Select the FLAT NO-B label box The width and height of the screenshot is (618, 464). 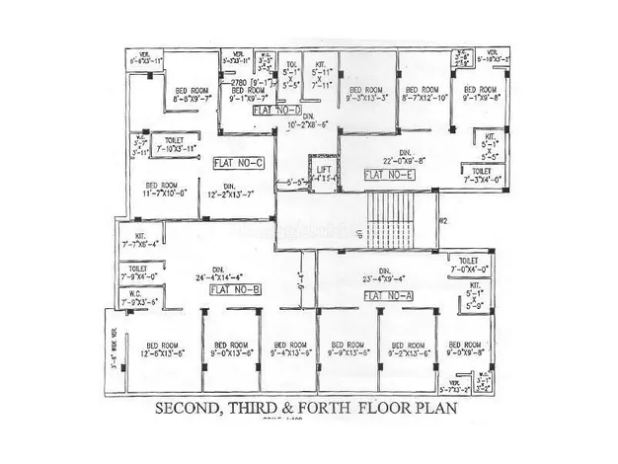pyautogui.click(x=235, y=288)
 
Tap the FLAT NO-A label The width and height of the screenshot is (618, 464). pyautogui.click(x=389, y=295)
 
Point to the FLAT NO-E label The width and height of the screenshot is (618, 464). pyautogui.click(x=389, y=174)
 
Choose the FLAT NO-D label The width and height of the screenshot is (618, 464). pyautogui.click(x=276, y=112)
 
